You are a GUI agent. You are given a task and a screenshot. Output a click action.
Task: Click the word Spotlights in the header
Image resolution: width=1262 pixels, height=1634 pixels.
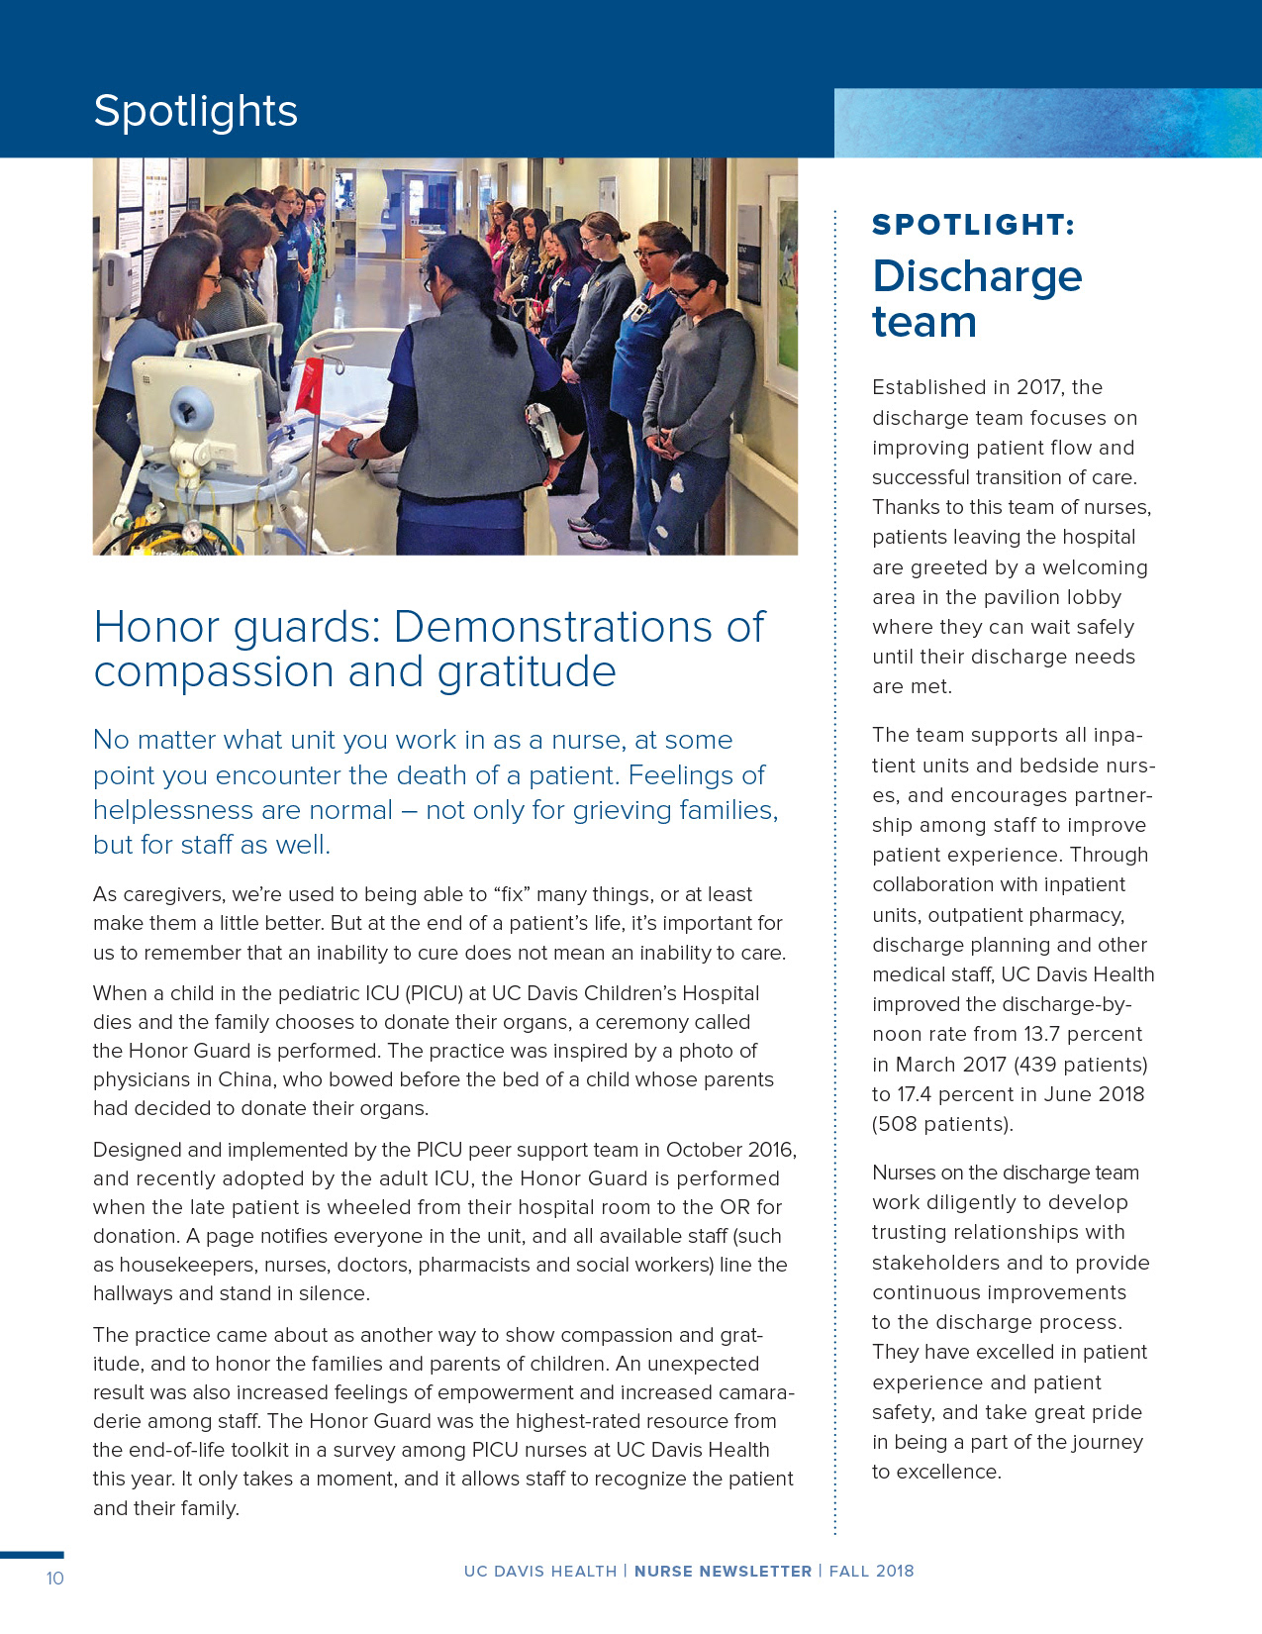(195, 112)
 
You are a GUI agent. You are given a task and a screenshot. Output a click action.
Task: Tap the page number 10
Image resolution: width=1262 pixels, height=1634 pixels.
(54, 1579)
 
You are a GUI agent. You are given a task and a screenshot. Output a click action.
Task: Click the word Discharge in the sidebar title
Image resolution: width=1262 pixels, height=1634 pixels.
(977, 277)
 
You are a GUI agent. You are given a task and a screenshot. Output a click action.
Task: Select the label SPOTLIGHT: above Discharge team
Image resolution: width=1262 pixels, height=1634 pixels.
(972, 225)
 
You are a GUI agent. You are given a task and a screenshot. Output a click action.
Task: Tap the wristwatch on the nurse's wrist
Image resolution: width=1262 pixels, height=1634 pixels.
(353, 447)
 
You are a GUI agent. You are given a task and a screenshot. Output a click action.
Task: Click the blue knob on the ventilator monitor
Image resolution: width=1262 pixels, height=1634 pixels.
(191, 409)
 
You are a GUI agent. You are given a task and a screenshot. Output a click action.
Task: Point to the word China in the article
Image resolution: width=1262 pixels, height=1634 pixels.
(248, 1080)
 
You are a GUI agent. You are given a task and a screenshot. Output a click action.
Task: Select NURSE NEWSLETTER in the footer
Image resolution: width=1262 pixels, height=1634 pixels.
(723, 1572)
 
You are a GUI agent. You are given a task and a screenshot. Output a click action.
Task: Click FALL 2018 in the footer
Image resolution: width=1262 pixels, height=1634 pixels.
(871, 1572)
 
